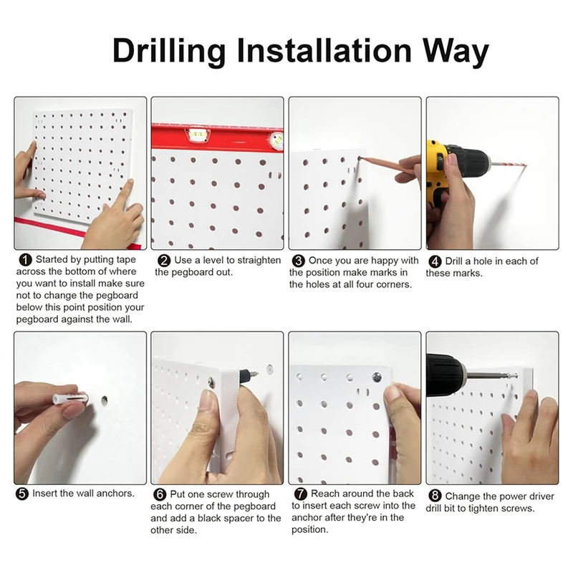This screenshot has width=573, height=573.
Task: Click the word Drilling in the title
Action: [169, 52]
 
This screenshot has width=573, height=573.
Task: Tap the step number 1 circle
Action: [25, 260]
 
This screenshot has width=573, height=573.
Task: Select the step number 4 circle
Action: [435, 261]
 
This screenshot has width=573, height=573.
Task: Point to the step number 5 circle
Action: [22, 494]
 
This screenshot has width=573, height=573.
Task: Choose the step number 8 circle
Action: [435, 496]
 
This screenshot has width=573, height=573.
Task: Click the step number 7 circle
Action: [300, 494]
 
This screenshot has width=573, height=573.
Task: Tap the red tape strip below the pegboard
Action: [77, 231]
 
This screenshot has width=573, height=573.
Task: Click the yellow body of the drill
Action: [438, 172]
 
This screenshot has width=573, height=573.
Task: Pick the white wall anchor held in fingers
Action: [69, 398]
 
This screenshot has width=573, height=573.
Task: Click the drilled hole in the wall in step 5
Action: [104, 401]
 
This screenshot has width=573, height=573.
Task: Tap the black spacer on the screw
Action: [243, 376]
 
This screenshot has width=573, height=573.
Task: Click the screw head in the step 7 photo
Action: [377, 377]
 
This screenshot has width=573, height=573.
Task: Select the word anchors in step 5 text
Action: [115, 493]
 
